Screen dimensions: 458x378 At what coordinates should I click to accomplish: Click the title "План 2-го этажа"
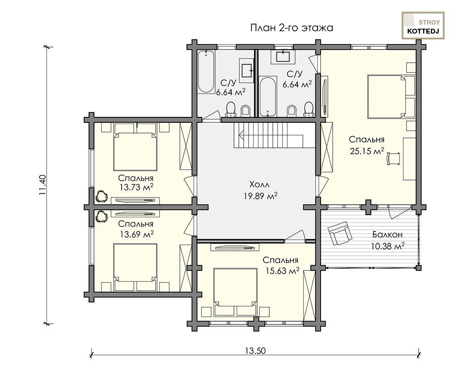[x=292, y=28]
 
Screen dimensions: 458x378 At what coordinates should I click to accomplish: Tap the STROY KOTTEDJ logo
[x=423, y=26]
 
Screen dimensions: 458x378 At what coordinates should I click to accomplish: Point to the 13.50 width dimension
[x=255, y=350]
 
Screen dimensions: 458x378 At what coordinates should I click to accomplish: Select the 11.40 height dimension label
[x=42, y=185]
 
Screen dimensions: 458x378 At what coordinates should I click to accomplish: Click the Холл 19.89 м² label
[x=260, y=190]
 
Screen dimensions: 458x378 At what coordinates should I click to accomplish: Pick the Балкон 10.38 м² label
[x=387, y=240]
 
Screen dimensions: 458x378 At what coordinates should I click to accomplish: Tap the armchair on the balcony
[x=339, y=233]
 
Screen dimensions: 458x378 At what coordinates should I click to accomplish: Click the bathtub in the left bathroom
[x=206, y=72]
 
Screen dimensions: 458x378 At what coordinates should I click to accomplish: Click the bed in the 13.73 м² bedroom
[x=135, y=147]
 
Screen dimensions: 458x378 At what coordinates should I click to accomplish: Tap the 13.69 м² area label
[x=137, y=234]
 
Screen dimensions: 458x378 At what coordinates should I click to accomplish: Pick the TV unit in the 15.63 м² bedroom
[x=235, y=248]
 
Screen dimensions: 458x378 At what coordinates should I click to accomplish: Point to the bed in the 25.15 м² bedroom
[x=391, y=97]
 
